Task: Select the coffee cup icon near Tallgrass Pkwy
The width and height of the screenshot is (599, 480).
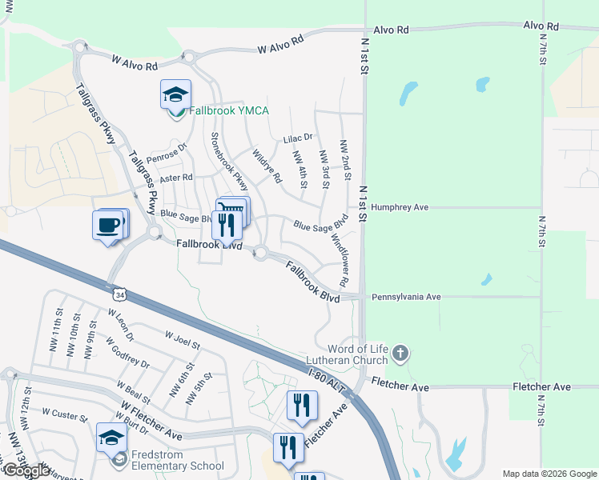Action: pos(109,226)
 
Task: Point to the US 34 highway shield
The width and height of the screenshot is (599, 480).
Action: pos(119,295)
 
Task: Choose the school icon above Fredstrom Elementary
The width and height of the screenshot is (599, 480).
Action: pos(112,438)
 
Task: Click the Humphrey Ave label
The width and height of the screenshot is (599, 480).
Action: pos(400,207)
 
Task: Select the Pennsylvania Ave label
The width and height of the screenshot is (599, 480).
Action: pos(406,297)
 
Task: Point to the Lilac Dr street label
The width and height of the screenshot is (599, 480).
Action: pos(297,138)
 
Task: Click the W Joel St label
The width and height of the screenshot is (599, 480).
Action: pos(181,339)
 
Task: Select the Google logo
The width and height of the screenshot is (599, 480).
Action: pos(26,470)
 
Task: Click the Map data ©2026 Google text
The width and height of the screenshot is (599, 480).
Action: pos(550,474)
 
